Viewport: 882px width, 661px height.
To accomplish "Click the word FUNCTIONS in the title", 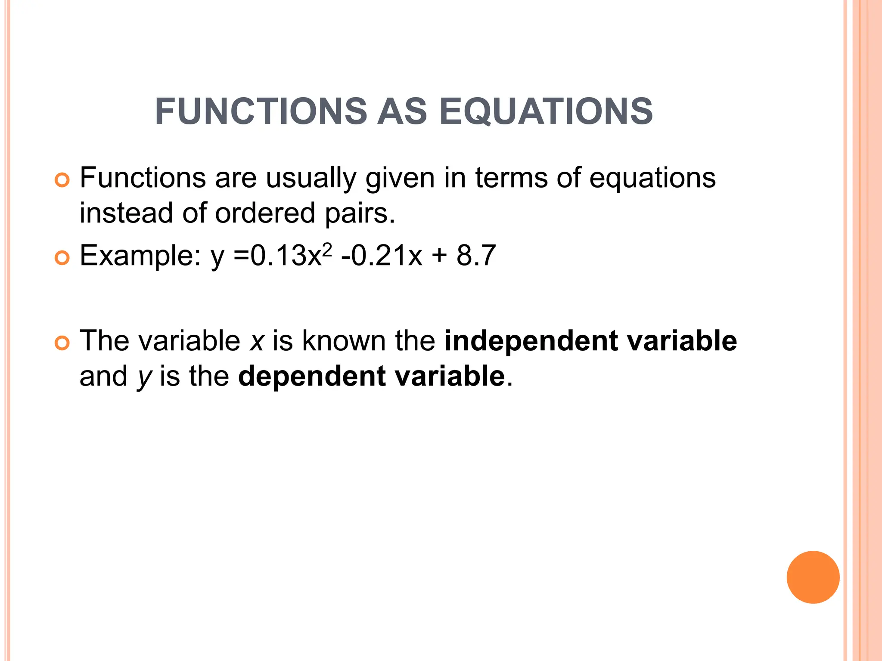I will tap(261, 111).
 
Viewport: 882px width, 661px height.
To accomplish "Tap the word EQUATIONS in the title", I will tap(546, 111).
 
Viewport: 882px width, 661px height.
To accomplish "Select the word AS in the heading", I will tap(402, 111).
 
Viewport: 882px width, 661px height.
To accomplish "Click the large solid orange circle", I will tap(813, 577).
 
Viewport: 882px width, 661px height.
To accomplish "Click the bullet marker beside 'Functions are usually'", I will tap(62, 180).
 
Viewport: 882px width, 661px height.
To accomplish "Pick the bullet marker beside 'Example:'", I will tap(62, 258).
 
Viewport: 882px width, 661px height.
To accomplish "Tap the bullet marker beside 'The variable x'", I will tap(62, 343).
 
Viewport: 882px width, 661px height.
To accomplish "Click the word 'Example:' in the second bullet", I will tap(140, 256).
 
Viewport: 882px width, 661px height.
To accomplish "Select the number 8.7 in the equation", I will tap(476, 255).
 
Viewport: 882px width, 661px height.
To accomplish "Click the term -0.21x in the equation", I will tap(382, 255).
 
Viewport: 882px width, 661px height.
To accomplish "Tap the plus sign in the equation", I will tap(439, 256).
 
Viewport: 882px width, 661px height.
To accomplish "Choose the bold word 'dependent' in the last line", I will tap(312, 377).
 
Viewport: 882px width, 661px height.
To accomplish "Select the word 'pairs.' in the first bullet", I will tap(360, 213).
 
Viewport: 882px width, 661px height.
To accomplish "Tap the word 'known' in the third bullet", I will tap(344, 341).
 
